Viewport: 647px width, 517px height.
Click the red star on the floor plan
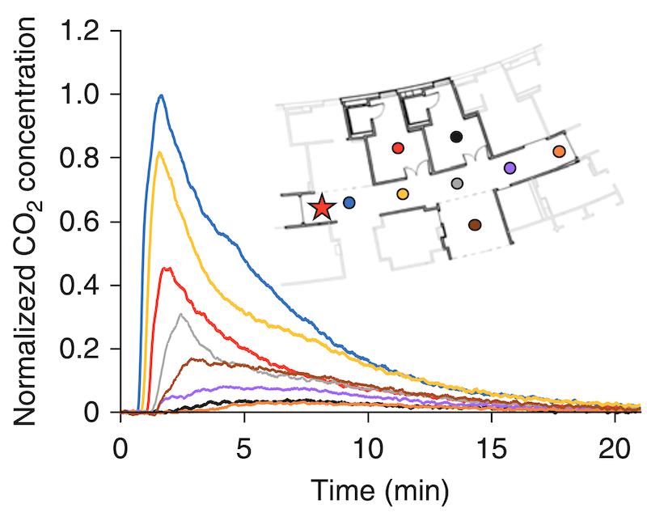click(322, 208)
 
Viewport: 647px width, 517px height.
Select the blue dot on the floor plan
click(349, 202)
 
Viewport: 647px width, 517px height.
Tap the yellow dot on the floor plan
click(403, 193)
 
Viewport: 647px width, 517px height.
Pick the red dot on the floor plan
click(397, 148)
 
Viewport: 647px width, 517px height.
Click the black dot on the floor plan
click(456, 137)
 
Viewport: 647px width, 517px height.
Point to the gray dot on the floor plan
click(457, 184)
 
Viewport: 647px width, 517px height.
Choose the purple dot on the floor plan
click(510, 167)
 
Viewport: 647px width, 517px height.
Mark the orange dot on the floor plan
click(559, 151)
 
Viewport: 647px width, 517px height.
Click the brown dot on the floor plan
click(475, 224)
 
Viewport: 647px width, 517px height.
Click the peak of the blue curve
click(162, 95)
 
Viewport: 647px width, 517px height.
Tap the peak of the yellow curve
click(159, 152)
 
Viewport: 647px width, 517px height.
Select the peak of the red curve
click(167, 268)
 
